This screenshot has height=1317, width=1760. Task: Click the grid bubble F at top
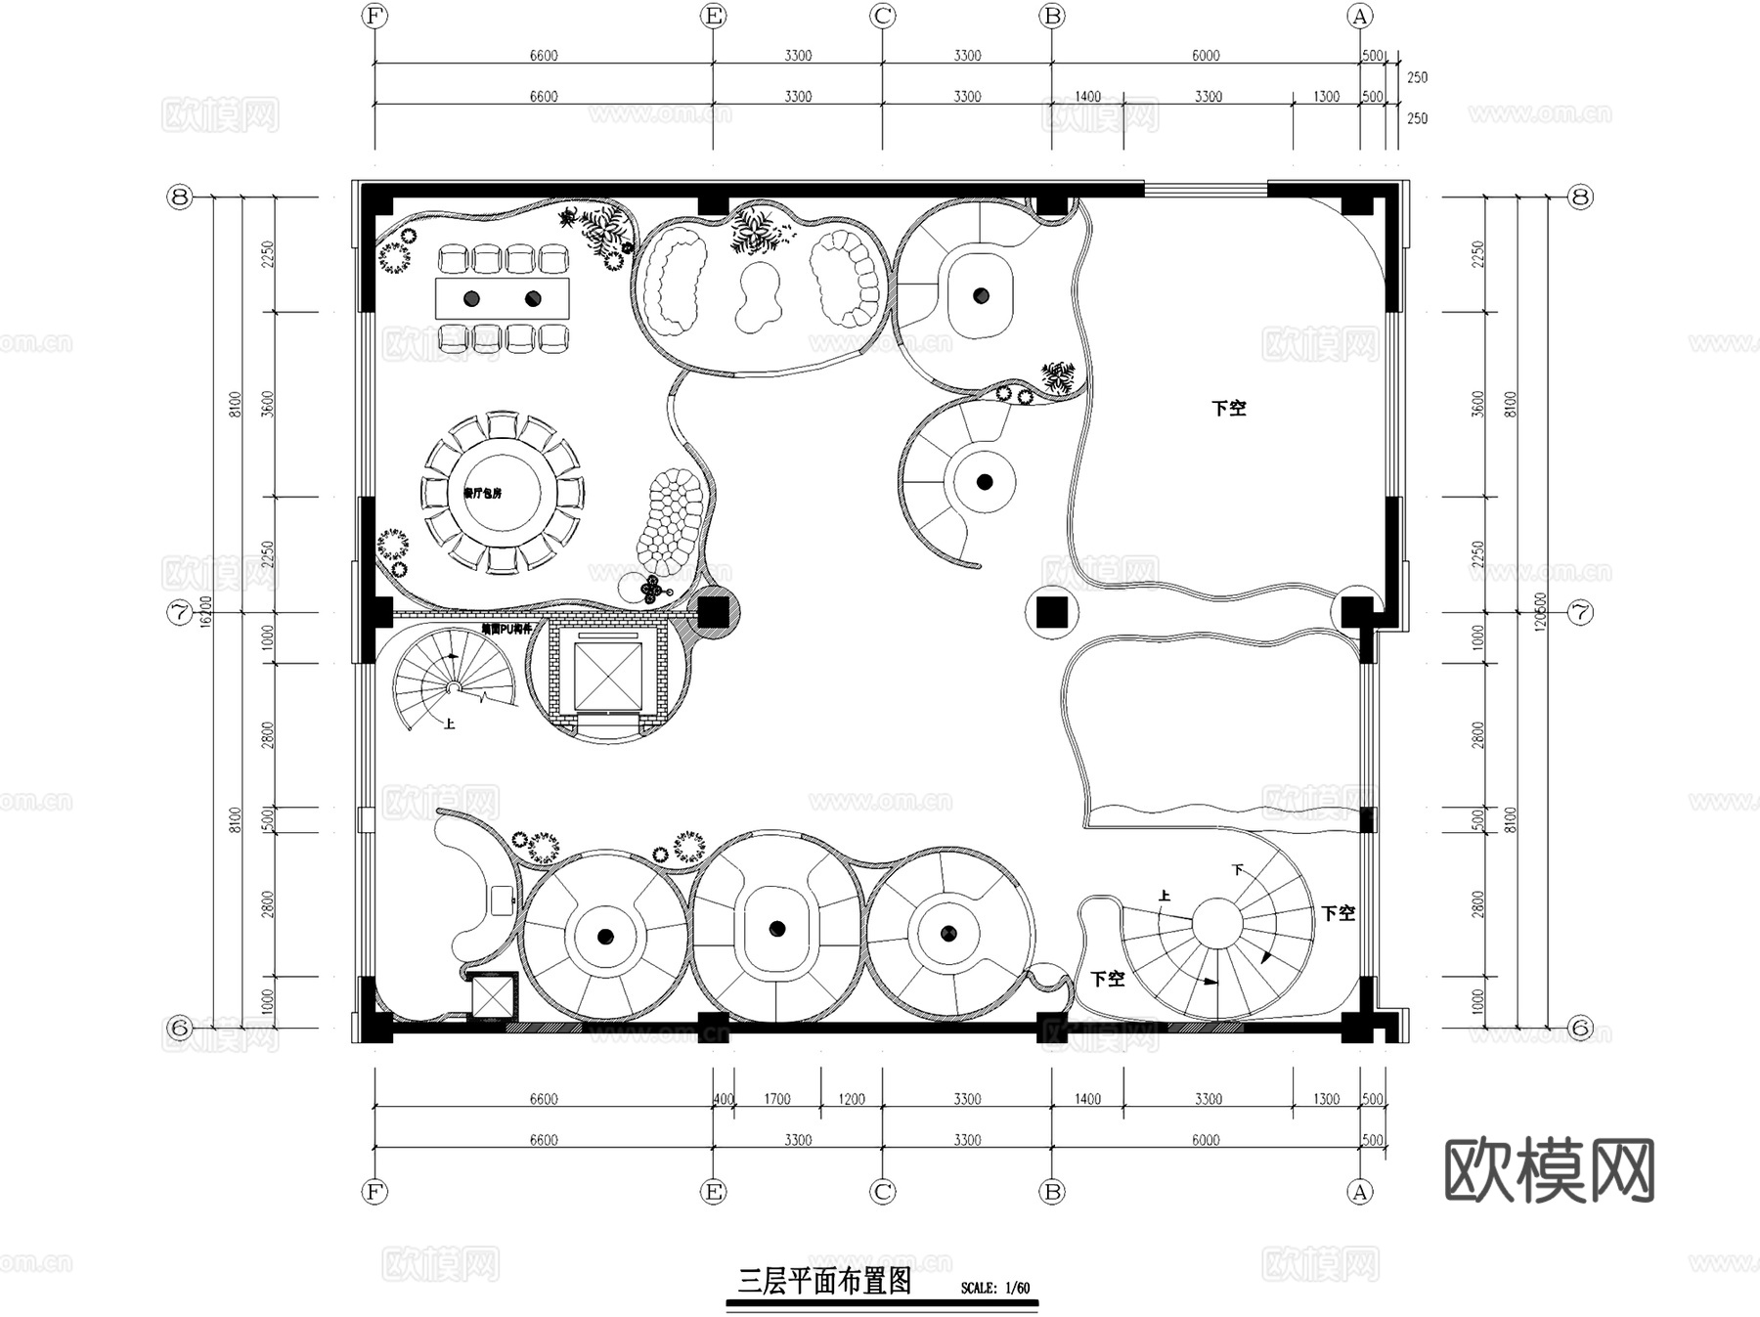tap(374, 16)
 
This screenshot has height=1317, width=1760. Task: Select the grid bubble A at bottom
tap(1359, 1192)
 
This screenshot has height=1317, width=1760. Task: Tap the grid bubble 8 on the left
tap(179, 198)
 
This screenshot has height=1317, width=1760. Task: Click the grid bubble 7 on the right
tap(1580, 613)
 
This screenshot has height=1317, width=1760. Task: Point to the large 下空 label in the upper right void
tap(1228, 409)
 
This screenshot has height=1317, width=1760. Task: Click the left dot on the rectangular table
tap(471, 298)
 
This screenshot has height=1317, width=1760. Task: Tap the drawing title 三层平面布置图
tap(824, 1281)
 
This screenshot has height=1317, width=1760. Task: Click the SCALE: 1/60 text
tap(994, 1288)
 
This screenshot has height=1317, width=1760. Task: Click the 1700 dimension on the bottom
tap(776, 1099)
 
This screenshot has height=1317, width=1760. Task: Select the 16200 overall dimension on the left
tap(205, 612)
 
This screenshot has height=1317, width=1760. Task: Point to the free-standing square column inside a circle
tap(1052, 613)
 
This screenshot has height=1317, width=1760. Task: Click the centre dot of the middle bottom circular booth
tap(777, 929)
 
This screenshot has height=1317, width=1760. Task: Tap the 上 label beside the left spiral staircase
tap(450, 724)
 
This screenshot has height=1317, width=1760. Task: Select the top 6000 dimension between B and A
tap(1205, 56)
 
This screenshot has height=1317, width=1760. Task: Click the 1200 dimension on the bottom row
tap(851, 1099)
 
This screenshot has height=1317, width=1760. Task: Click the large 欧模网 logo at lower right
tap(1549, 1170)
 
